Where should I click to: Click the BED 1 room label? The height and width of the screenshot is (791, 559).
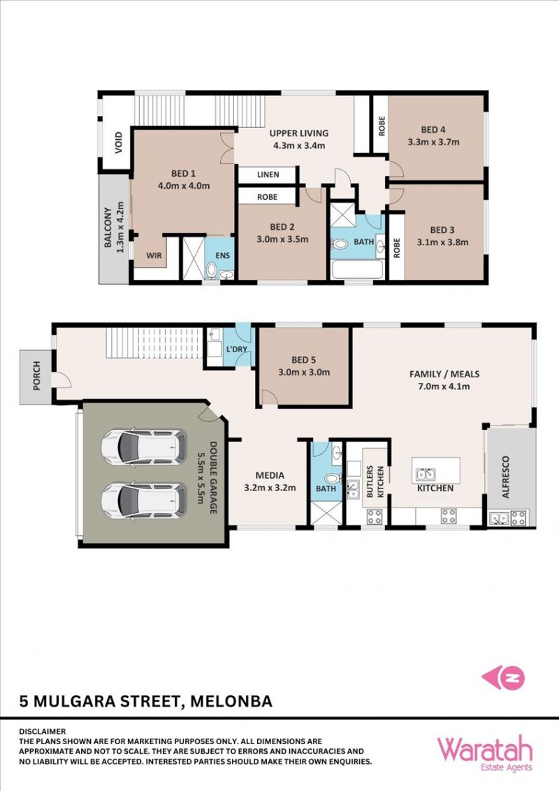coord(184,173)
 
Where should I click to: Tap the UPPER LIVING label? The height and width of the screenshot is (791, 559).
coord(298,133)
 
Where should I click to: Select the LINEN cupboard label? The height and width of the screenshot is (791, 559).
coord(268,175)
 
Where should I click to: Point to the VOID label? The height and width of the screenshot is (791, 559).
coord(119,143)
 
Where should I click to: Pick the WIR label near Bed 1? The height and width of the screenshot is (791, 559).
coord(154,255)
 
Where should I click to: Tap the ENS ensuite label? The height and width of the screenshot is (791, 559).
coord(222,256)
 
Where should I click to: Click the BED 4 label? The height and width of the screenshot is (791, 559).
coord(433,130)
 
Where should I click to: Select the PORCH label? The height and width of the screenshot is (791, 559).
coord(36,376)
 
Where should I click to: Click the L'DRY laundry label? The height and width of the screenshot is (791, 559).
coord(236,349)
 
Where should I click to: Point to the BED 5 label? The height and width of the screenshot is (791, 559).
coord(304,360)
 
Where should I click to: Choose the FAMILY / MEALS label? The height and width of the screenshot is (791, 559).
coord(444,374)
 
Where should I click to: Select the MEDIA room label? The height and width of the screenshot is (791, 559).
coord(270,475)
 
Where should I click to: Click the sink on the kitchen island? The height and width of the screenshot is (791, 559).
coord(426,474)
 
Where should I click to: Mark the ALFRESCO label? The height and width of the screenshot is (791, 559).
coord(506,477)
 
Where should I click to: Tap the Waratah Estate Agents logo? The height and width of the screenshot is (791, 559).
coord(484,754)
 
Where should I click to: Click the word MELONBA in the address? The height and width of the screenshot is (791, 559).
coord(231,701)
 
